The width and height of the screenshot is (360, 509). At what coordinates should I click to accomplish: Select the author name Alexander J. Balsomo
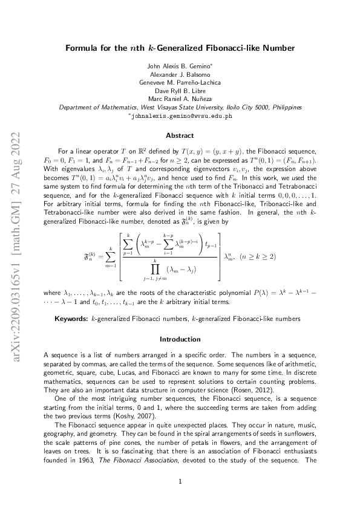click(180, 73)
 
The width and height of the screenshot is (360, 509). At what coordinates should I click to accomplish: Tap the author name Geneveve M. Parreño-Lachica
click(180, 82)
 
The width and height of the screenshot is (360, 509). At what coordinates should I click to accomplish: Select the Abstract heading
click(180, 135)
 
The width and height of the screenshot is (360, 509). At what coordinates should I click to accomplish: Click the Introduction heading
click(180, 339)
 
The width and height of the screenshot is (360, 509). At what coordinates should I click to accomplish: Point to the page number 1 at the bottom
click(180, 482)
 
